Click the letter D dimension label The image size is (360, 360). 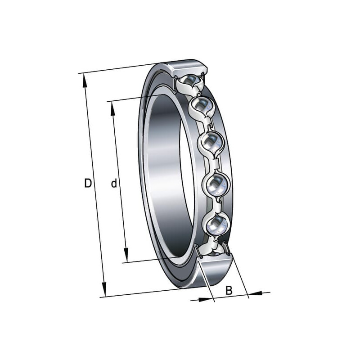tap(88, 183)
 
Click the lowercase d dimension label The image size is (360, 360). tap(114, 183)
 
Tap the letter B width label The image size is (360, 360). tap(229, 290)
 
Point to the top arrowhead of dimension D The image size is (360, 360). tap(85, 81)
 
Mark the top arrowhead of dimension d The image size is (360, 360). tap(113, 109)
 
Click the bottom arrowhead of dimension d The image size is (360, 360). tap(126, 255)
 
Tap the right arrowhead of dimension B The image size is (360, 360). tap(256, 293)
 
